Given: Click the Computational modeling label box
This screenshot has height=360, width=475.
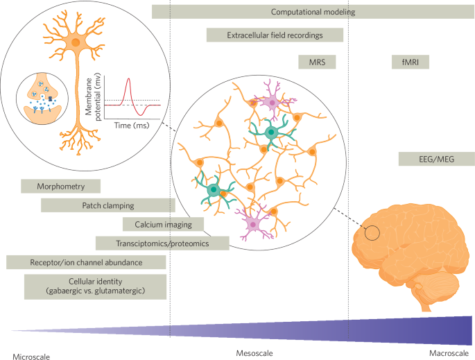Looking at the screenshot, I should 313,12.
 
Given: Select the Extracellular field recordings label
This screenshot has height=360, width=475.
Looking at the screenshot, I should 275,35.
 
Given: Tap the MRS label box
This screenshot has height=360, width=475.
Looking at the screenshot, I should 317,62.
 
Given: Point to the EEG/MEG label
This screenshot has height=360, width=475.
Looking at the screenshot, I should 437,159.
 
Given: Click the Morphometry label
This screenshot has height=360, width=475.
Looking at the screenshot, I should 61,186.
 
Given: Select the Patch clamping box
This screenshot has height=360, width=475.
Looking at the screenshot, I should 107,205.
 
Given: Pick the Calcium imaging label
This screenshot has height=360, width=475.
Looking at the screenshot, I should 162,223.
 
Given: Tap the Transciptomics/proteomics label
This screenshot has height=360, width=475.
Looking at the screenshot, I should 162,243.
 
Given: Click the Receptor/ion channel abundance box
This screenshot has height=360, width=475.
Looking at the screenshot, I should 86,262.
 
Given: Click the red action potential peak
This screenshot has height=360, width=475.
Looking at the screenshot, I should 128,80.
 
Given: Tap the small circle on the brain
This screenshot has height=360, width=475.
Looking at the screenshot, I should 372,233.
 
